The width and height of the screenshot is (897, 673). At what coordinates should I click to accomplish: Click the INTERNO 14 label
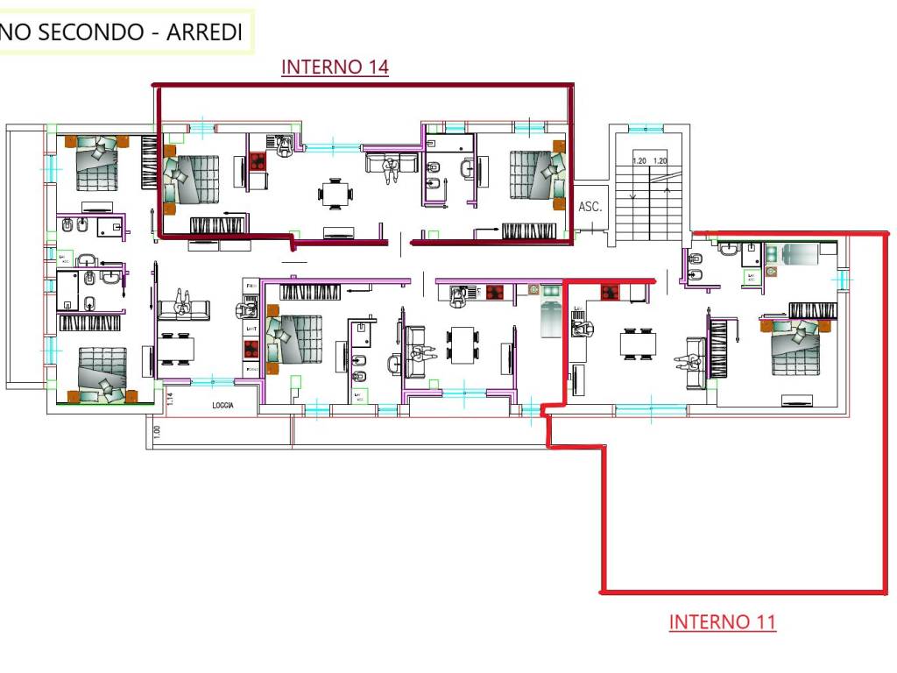click(335, 67)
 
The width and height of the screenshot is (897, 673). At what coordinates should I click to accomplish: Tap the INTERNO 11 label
click(722, 622)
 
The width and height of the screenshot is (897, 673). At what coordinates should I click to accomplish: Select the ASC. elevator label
click(590, 207)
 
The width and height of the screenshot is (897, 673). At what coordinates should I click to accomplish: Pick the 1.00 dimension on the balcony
click(157, 431)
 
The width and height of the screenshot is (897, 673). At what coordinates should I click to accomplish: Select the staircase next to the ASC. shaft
click(649, 197)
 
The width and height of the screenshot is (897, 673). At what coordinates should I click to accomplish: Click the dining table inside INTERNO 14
click(335, 193)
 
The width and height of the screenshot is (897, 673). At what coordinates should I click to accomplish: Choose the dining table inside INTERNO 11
click(638, 343)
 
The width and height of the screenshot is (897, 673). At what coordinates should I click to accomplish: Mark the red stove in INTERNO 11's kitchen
click(611, 292)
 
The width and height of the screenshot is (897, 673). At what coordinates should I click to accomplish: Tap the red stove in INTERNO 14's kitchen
click(258, 161)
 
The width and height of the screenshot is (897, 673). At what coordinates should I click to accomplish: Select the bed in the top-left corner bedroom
click(95, 162)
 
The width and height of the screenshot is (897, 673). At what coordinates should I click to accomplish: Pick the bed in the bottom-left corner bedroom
click(102, 373)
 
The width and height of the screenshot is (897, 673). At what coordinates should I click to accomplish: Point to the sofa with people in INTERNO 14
click(391, 166)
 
